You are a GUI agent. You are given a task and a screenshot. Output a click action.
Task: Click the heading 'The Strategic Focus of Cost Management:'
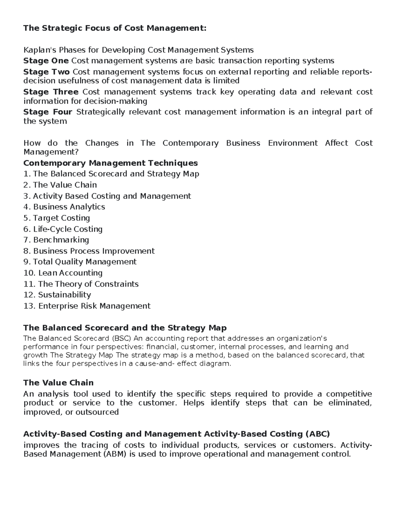click(115, 28)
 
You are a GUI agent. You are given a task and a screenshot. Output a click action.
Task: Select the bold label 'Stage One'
click(46, 61)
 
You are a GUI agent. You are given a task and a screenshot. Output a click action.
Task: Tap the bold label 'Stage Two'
click(46, 72)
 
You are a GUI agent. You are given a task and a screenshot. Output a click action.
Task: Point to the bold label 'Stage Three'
click(51, 92)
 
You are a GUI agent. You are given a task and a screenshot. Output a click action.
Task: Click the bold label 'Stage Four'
click(48, 112)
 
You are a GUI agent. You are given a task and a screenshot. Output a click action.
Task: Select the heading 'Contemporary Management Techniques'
click(111, 163)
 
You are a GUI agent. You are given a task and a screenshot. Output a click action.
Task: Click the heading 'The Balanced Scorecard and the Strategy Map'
click(125, 328)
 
